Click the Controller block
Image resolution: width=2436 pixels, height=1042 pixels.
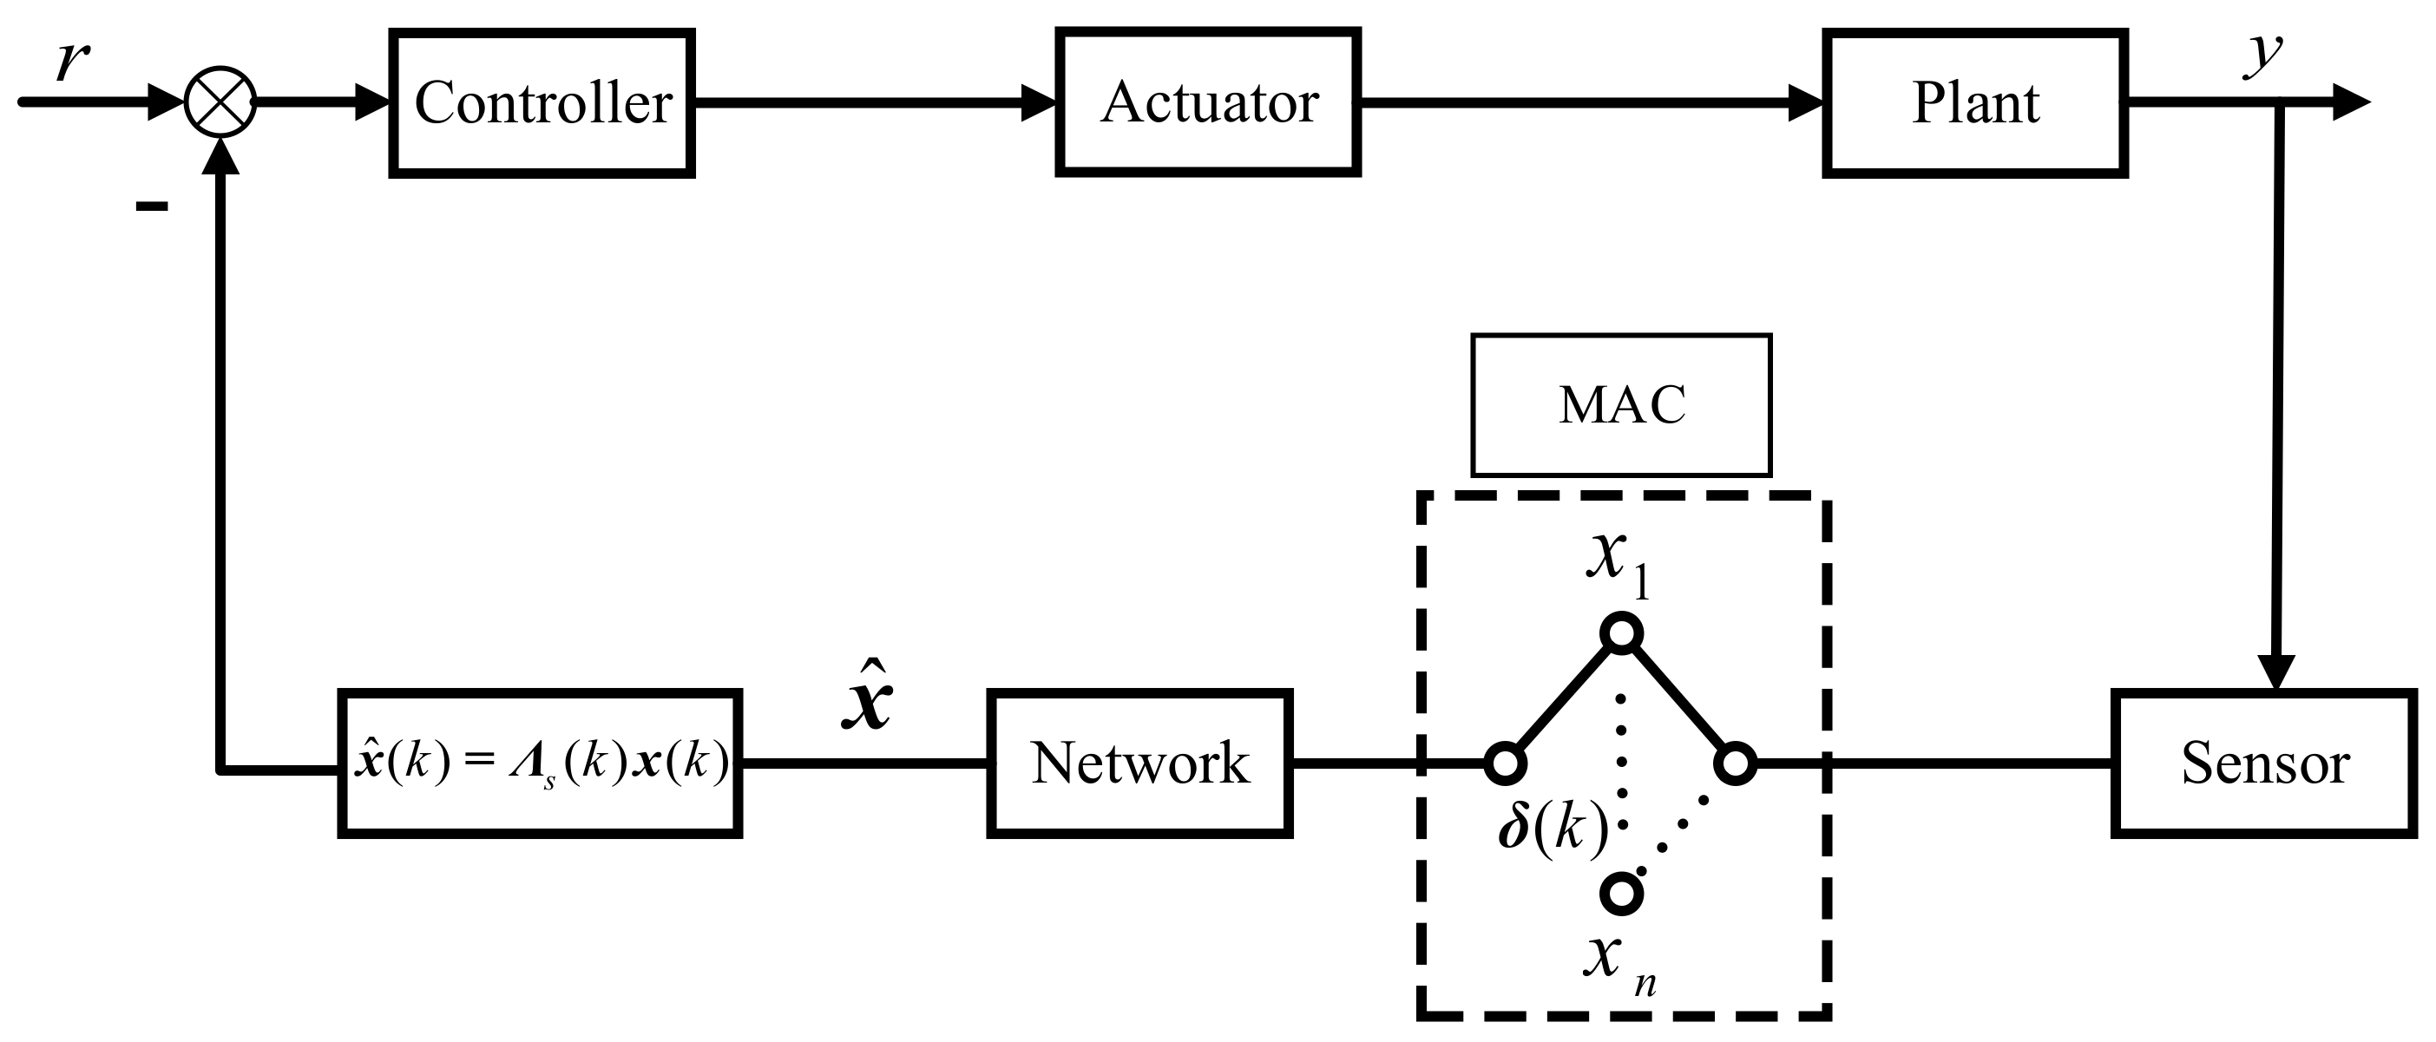pos(542,102)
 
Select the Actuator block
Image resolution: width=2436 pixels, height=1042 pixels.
pos(1208,102)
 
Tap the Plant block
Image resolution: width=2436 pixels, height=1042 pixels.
pos(1974,102)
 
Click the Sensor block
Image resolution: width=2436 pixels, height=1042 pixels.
pos(2263,763)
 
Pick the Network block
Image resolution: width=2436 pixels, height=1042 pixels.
pos(1139,763)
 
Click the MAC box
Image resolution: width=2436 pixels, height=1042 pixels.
pos(1621,404)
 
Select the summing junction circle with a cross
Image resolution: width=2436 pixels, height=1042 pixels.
pos(220,102)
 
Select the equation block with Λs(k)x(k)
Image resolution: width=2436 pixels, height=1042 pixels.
pos(540,763)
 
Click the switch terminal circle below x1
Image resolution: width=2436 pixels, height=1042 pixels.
pos(1622,632)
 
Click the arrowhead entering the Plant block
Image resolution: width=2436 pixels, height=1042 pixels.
pos(1805,102)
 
